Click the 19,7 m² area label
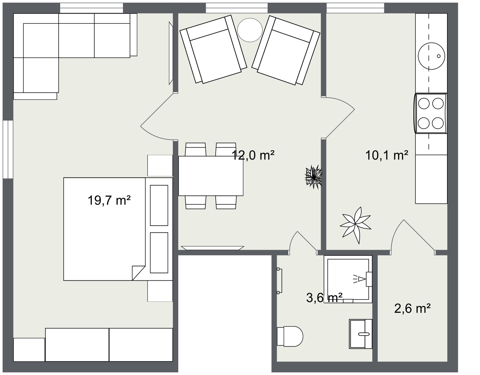click(x=109, y=201)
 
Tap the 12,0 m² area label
click(x=253, y=155)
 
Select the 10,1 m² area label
click(x=387, y=155)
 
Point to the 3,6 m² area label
click(x=324, y=298)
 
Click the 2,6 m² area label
click(x=412, y=309)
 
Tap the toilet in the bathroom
click(x=290, y=336)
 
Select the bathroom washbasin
click(x=361, y=334)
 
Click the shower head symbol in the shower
click(x=361, y=279)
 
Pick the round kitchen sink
click(x=431, y=56)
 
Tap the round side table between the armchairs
click(x=250, y=30)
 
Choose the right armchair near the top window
click(x=286, y=51)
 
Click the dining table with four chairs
click(x=211, y=176)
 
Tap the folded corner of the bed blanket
click(x=138, y=272)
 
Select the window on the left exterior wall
click(x=8, y=149)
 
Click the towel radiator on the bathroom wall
click(x=280, y=281)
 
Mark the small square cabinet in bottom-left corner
click(x=29, y=349)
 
